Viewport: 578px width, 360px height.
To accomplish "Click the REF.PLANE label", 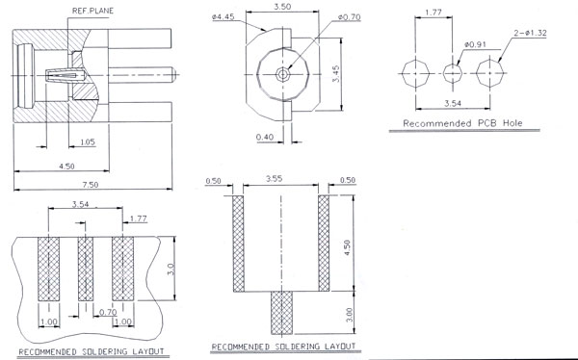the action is click(92, 11).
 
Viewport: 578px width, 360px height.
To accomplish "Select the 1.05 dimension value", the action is click(88, 141).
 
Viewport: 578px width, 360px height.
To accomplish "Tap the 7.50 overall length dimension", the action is click(91, 184).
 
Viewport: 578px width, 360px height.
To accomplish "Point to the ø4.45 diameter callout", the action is click(223, 17).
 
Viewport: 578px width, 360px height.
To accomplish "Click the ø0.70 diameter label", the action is click(349, 17).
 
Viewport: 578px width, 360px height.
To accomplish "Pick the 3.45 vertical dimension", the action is click(336, 74).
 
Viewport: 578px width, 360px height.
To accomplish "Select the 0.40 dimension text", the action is click(265, 137).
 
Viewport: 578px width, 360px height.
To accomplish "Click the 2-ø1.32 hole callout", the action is click(531, 33).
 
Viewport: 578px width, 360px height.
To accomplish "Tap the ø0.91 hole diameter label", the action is click(475, 44).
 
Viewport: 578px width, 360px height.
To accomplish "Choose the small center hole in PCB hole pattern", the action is click(453, 73).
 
